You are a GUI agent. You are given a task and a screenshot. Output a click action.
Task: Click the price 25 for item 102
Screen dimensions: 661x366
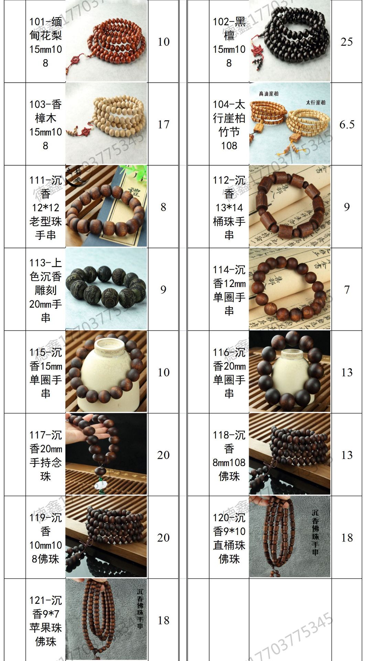(346, 42)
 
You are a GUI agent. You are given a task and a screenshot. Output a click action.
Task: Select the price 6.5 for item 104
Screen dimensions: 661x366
(346, 124)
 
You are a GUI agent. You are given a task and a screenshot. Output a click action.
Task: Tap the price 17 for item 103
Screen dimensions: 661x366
(163, 124)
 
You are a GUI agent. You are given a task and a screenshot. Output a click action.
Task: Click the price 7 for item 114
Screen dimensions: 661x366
(347, 290)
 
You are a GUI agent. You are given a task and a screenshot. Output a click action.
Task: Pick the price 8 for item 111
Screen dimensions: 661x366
(163, 207)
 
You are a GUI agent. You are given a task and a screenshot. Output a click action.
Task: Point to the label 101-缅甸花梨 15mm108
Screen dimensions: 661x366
(45, 42)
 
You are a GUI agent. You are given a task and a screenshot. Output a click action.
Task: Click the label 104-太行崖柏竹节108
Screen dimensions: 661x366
(229, 125)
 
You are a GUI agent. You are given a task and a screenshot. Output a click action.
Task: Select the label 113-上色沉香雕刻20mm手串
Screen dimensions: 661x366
(45, 290)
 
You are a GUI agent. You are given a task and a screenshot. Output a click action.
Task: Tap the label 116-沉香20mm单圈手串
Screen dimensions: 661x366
(229, 373)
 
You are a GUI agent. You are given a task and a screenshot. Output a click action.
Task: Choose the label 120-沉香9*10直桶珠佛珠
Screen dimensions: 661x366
(229, 538)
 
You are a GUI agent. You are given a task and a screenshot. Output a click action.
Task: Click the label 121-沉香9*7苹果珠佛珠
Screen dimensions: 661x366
(45, 621)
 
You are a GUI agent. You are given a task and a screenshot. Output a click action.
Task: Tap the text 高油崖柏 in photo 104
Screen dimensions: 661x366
(269, 94)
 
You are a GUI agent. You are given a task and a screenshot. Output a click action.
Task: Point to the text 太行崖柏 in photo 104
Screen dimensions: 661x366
(315, 102)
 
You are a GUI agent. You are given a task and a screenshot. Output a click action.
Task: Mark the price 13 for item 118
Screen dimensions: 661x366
(347, 455)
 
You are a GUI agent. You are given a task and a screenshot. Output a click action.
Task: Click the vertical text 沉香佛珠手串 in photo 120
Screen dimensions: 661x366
(315, 532)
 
